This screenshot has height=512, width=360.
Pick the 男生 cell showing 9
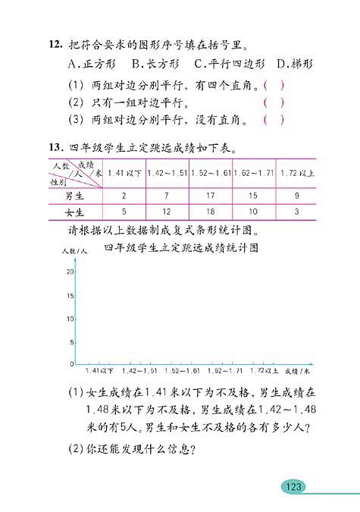click(x=296, y=196)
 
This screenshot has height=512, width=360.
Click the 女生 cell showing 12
click(x=167, y=212)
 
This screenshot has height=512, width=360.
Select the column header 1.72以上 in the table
click(x=296, y=174)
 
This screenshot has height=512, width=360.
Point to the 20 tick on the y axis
click(x=70, y=272)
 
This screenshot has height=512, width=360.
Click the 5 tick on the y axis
click(x=71, y=342)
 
